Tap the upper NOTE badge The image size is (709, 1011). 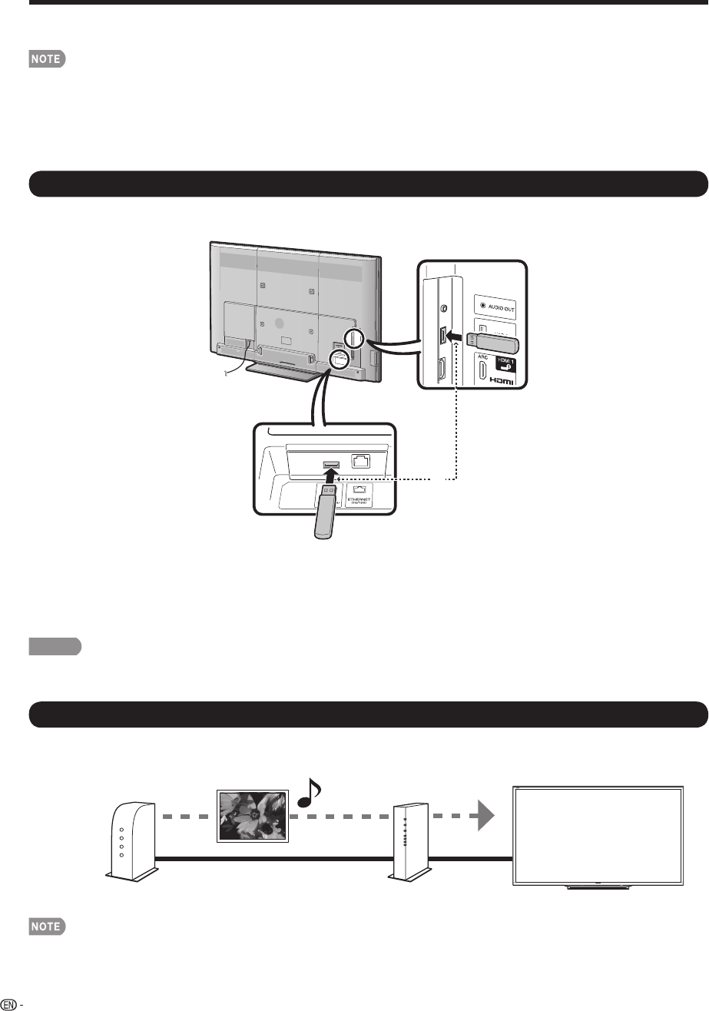48,58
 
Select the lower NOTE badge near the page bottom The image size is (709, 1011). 48,927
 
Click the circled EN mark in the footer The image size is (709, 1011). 8,1003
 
